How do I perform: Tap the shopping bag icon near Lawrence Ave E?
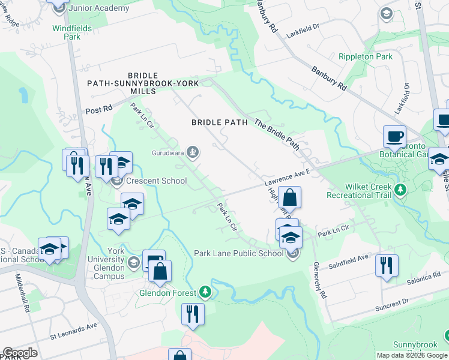point(289,197)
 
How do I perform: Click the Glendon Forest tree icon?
point(206,292)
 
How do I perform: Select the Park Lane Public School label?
point(238,253)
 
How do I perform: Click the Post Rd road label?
point(99,110)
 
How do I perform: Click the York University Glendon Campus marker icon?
point(133,261)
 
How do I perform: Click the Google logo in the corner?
point(19,353)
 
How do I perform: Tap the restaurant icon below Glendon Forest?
point(193,314)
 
